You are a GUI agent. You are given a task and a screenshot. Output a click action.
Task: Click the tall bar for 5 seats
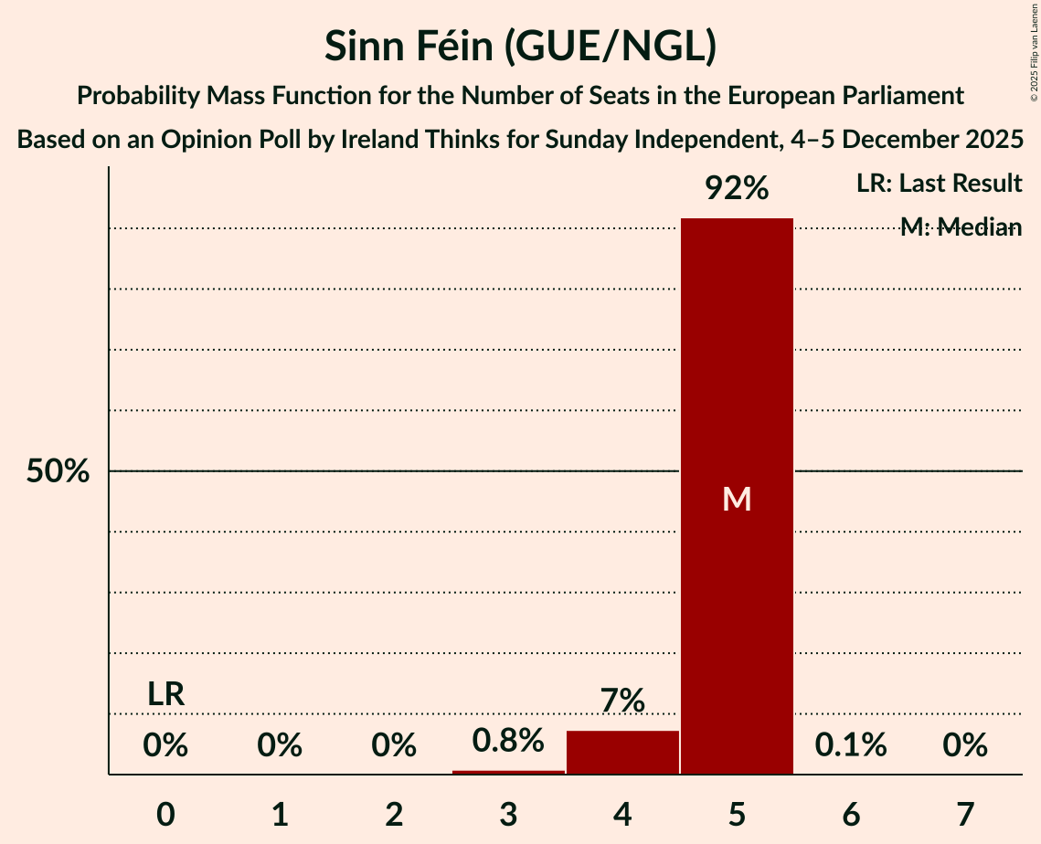pos(737,496)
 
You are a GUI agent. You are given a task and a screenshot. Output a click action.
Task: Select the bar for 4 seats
pos(622,753)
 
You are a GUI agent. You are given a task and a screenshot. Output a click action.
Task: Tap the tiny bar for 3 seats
pos(508,772)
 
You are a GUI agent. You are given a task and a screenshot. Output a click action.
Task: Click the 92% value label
pos(737,189)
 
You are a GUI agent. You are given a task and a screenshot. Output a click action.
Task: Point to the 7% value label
pos(622,702)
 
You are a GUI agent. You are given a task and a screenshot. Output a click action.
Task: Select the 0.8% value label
pos(508,741)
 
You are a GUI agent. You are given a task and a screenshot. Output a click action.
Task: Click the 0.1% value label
pos(851,745)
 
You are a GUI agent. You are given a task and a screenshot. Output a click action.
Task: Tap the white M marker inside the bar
pos(737,499)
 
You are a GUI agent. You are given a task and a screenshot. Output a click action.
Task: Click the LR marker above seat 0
pos(165,694)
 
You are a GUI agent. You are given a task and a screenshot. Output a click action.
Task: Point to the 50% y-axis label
pos(58,471)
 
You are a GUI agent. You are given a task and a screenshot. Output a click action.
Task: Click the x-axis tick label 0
pos(165,815)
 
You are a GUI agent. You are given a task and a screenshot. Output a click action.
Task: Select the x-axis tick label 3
pos(508,815)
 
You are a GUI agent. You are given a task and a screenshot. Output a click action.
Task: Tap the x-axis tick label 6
pos(851,815)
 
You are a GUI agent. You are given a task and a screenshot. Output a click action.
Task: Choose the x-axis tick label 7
pos(965,815)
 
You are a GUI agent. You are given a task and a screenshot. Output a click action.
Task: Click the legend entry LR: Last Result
pos(939,184)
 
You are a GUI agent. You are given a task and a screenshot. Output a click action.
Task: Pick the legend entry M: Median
pos(960,227)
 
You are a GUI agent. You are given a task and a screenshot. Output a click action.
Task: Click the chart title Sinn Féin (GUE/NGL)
pos(520,47)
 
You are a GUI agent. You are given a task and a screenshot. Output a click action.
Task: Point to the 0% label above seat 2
pos(394,745)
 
